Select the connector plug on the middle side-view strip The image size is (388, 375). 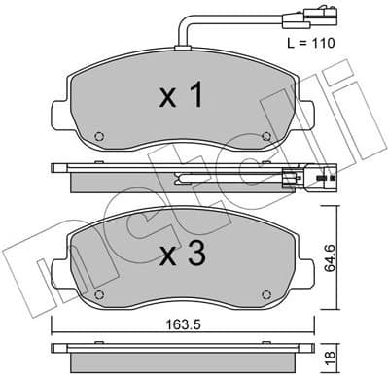[292, 179]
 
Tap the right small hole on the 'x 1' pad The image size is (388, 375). [266, 136]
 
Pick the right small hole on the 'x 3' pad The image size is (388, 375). [266, 291]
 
